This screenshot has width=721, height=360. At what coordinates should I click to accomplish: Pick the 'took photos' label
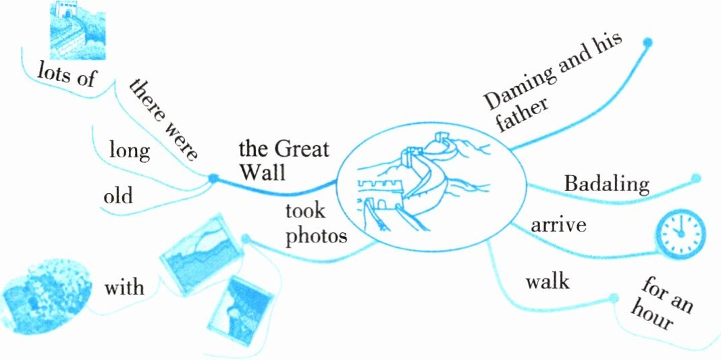point(315,224)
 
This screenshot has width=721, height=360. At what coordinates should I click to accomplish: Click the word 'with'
point(124,287)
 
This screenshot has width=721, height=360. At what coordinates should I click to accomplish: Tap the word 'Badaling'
point(606,184)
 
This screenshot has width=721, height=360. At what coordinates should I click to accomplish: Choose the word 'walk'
point(548,280)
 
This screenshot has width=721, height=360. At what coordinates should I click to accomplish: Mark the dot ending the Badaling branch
point(696,179)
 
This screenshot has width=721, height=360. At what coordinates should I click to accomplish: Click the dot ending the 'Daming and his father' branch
point(648,43)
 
